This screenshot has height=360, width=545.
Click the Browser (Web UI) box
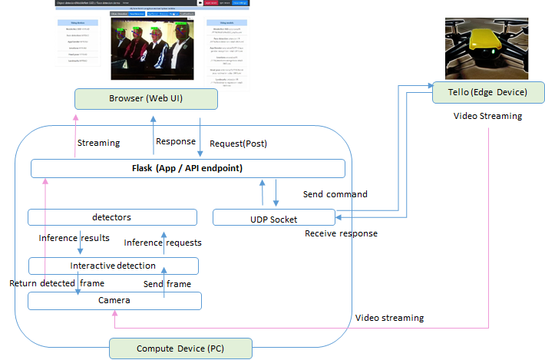145,99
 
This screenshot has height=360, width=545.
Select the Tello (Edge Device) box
489,92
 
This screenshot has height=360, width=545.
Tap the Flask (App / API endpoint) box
187,168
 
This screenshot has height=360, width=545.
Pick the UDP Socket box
273,218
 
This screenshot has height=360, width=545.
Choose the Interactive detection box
113,266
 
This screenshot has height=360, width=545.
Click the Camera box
114,300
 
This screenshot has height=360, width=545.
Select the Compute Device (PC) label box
180,349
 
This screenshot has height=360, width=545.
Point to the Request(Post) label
238,144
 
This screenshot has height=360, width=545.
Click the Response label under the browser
176,142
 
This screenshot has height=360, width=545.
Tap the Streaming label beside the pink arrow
98,143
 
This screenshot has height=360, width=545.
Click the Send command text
335,193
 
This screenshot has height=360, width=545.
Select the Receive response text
341,233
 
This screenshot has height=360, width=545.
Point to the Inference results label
74,238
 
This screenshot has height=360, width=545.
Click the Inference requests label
163,243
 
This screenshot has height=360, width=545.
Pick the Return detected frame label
56,283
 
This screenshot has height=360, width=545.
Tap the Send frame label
167,284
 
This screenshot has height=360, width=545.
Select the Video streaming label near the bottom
389,318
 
